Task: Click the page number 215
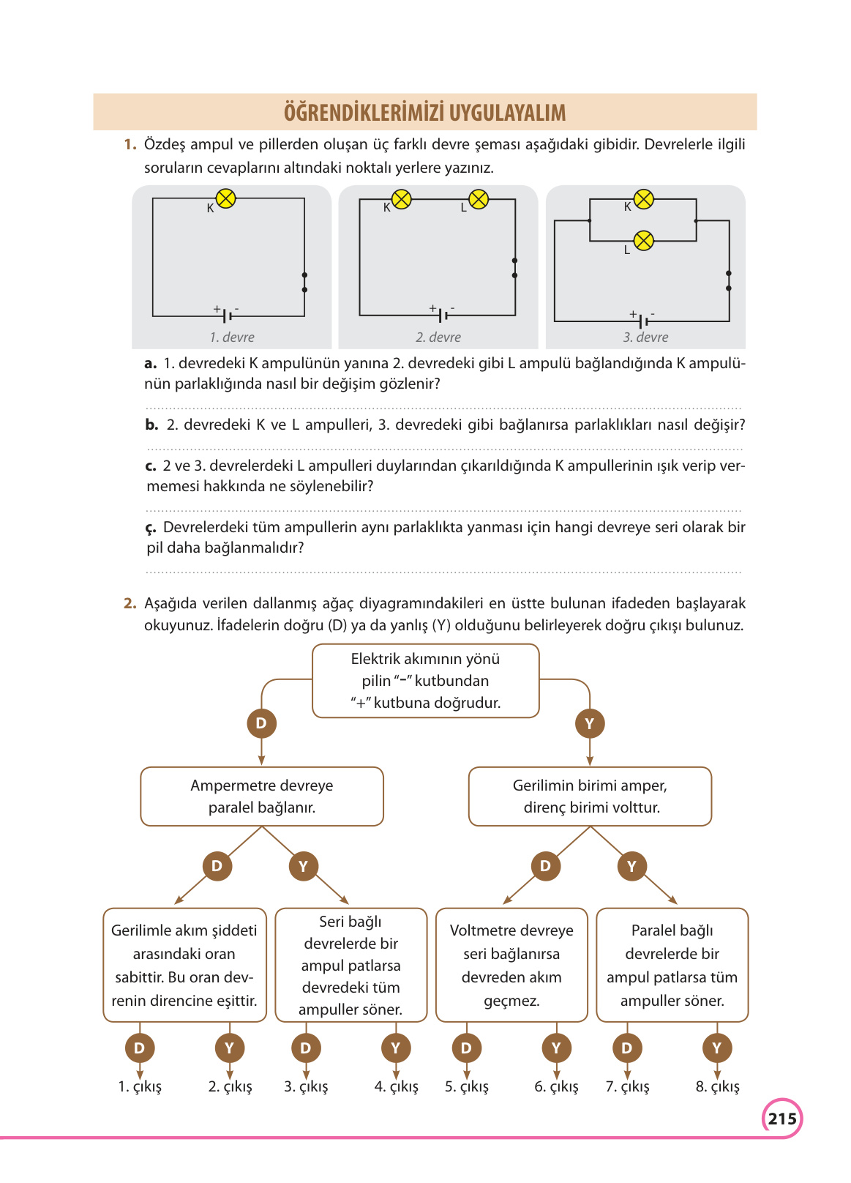(x=781, y=1119)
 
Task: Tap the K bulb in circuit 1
(x=226, y=198)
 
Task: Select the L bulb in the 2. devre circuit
(x=479, y=199)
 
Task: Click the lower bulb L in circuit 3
(x=643, y=240)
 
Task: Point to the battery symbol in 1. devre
(x=228, y=316)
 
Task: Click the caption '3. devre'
(x=645, y=337)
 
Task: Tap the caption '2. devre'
(x=438, y=337)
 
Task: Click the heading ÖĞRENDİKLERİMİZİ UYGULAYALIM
(x=424, y=113)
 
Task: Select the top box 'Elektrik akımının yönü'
(x=425, y=681)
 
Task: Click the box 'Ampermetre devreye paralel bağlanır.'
(x=261, y=796)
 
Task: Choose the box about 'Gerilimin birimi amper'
(x=590, y=796)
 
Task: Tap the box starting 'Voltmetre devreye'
(x=511, y=965)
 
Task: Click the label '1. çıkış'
(x=140, y=1087)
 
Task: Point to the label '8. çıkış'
(x=717, y=1087)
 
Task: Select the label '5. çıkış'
(x=466, y=1087)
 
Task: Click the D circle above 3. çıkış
(x=305, y=1048)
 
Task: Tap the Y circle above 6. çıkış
(x=556, y=1048)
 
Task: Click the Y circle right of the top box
(x=589, y=724)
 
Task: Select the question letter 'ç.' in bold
(x=151, y=528)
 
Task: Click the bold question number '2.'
(x=130, y=604)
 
